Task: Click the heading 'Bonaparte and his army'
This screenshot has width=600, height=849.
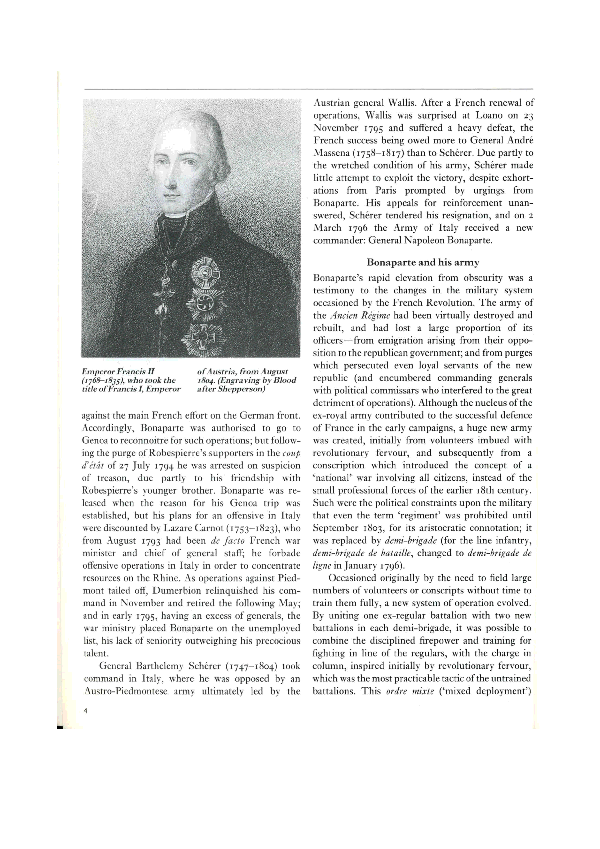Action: click(x=423, y=263)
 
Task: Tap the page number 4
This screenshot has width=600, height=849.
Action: click(x=85, y=711)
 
